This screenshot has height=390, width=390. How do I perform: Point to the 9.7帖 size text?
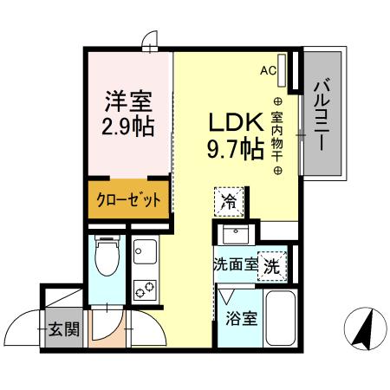[234, 149]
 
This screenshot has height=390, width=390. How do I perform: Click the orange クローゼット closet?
[127, 200]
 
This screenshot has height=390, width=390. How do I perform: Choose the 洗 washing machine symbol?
[271, 265]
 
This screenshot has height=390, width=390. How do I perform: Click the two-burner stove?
[144, 288]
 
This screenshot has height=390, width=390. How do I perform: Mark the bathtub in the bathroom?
[280, 318]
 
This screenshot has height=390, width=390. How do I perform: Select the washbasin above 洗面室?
[235, 235]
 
